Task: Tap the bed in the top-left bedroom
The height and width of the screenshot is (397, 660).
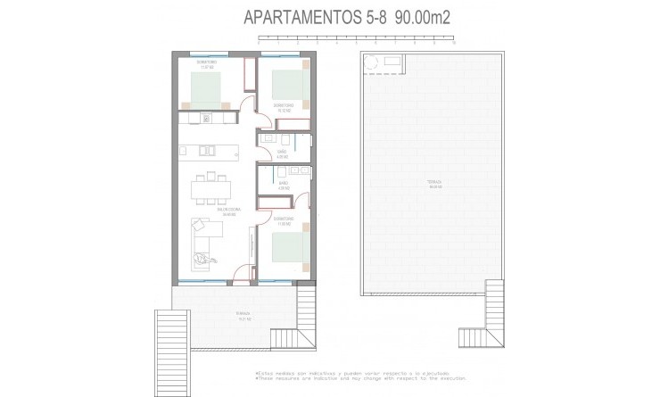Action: [x=210, y=87]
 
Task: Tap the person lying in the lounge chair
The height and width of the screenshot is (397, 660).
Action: [x=206, y=257]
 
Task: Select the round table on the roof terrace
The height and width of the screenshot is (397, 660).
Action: [x=372, y=62]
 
